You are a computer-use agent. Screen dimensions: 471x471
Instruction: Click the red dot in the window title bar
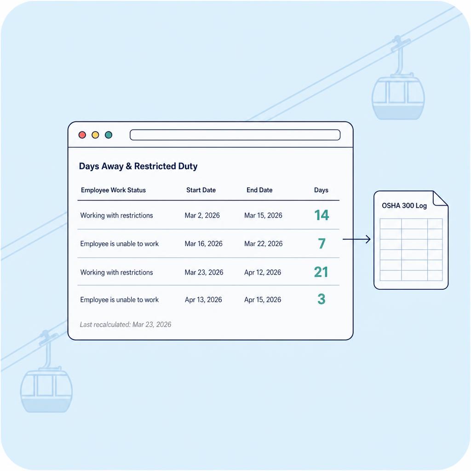click(82, 135)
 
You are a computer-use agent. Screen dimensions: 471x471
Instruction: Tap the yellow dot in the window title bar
click(96, 135)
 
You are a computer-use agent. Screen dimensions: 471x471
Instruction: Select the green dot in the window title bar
click(109, 135)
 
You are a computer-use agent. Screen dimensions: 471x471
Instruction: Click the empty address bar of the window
click(235, 135)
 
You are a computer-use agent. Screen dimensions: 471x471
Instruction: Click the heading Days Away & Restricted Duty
click(138, 166)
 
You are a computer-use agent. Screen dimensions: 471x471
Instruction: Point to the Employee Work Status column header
click(113, 190)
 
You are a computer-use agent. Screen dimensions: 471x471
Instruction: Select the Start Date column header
click(201, 190)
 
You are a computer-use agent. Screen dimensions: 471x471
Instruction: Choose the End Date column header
click(259, 190)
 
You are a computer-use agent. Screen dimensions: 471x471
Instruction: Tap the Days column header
click(321, 190)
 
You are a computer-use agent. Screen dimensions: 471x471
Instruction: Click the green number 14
click(322, 215)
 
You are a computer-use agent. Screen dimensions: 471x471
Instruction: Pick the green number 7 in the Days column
click(322, 243)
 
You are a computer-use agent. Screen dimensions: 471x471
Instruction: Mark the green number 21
click(321, 272)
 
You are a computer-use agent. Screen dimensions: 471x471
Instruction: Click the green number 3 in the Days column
click(322, 299)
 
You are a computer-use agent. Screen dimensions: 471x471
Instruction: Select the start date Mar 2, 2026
click(202, 215)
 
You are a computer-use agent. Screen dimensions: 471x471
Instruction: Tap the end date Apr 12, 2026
click(263, 272)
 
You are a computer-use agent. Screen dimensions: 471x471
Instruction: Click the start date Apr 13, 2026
click(203, 300)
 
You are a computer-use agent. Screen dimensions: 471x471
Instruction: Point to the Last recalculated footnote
click(126, 324)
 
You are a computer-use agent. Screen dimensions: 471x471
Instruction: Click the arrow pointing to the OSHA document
click(356, 239)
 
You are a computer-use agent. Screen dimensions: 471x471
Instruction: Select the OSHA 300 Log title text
click(404, 206)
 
